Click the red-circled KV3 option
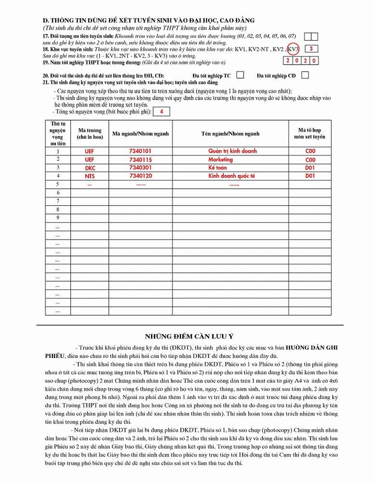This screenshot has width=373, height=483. [294, 49]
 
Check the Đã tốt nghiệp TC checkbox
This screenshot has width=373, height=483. [240, 75]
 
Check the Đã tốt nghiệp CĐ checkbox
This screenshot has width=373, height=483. [305, 75]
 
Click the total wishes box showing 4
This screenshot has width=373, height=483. [161, 112]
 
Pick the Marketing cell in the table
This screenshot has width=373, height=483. [221, 159]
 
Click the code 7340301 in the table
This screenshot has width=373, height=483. [140, 168]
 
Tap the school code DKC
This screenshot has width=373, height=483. [90, 168]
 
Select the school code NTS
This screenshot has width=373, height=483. [90, 176]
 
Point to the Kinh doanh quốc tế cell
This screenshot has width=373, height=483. [232, 176]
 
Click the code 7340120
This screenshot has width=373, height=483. [140, 176]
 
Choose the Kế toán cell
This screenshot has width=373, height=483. [218, 168]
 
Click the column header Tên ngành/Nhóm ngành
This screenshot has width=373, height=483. [230, 134]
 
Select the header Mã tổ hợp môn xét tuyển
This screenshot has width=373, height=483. [310, 133]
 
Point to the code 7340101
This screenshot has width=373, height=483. [140, 151]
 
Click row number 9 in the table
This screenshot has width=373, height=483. [58, 217]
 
